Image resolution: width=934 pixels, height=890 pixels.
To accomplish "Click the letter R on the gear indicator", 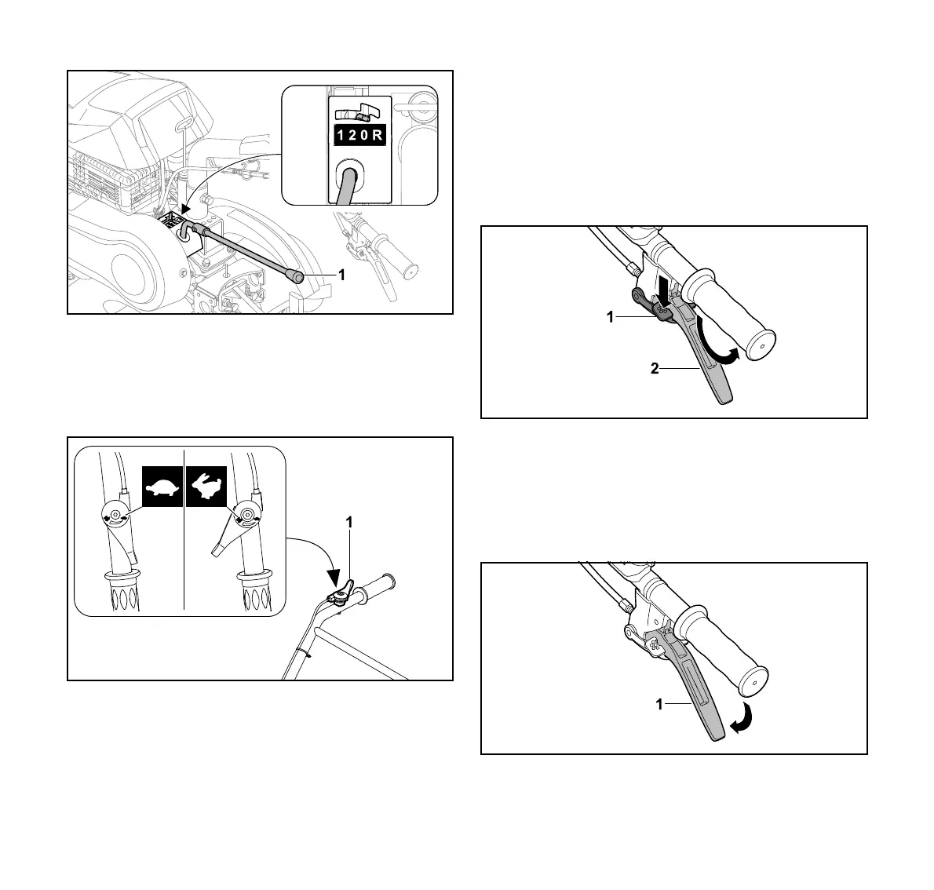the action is tap(378, 135).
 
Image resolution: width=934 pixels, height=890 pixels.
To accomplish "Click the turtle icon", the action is tap(162, 487).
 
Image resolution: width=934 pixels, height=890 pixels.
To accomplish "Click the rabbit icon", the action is tap(206, 487).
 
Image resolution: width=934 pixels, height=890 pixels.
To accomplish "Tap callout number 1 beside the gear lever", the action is tap(341, 275).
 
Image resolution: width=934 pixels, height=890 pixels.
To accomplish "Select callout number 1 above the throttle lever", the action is tap(350, 522).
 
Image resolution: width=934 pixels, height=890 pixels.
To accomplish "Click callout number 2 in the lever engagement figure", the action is tap(655, 368).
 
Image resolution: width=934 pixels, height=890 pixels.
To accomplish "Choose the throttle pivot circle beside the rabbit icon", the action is tap(247, 514).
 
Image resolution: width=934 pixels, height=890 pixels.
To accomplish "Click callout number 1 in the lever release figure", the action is tap(660, 705).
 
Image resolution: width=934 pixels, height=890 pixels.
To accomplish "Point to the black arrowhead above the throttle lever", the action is tap(338, 580).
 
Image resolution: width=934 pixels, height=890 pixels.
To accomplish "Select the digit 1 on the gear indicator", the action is tap(340, 135).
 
